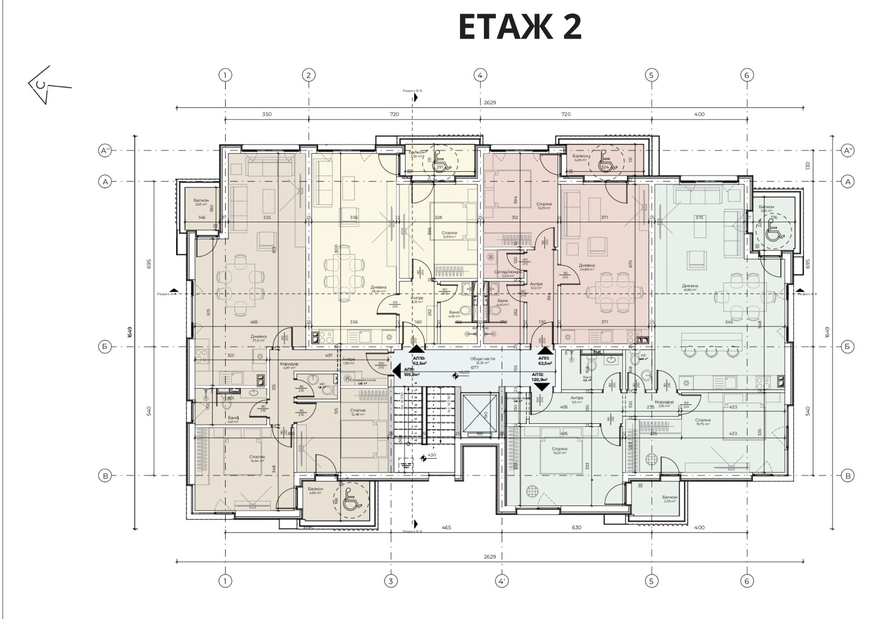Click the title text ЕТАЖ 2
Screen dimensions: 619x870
click(x=520, y=27)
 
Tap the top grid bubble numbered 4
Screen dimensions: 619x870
click(x=480, y=75)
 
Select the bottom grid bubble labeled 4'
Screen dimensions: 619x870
click(x=501, y=581)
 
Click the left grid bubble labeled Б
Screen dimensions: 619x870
click(x=105, y=346)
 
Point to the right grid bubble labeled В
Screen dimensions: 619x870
click(x=847, y=476)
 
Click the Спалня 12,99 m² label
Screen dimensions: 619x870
click(x=450, y=234)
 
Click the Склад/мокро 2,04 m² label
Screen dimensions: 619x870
click(x=508, y=273)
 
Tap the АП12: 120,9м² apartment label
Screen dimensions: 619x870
click(x=540, y=377)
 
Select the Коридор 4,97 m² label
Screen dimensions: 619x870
click(x=289, y=366)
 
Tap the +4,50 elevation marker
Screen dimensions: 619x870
click(x=430, y=455)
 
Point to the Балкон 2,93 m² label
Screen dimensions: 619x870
click(x=670, y=499)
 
